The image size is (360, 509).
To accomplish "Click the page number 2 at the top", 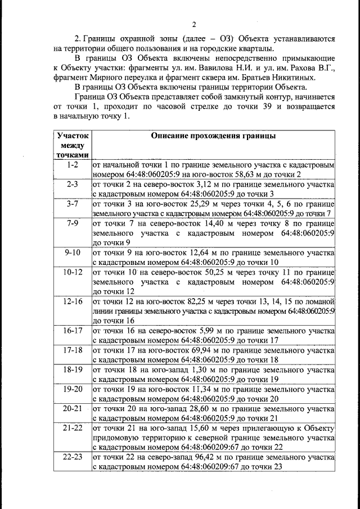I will [193, 24].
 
